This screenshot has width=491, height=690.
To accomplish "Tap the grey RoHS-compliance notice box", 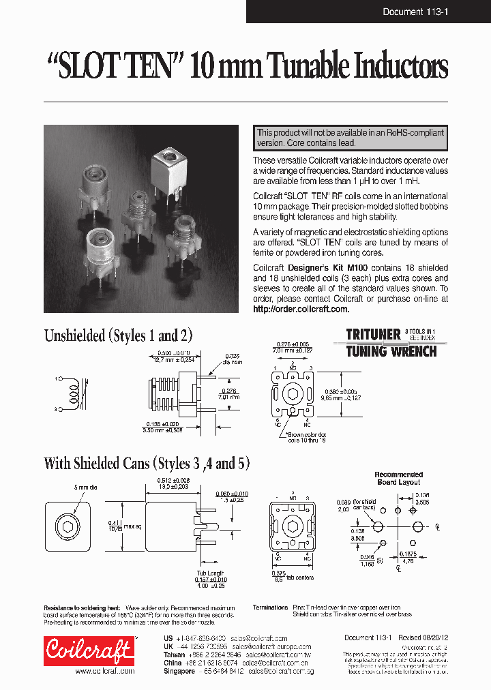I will (x=351, y=138).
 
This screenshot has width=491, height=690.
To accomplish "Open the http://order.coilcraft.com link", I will (x=301, y=309).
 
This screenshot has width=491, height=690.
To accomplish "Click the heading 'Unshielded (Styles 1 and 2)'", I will (x=118, y=335).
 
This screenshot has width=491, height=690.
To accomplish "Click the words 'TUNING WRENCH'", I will (x=390, y=351).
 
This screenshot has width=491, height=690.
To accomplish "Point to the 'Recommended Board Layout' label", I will (x=399, y=478).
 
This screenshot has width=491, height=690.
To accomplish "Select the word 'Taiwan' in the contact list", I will (x=175, y=652).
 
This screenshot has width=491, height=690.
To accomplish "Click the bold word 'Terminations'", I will (x=270, y=607).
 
